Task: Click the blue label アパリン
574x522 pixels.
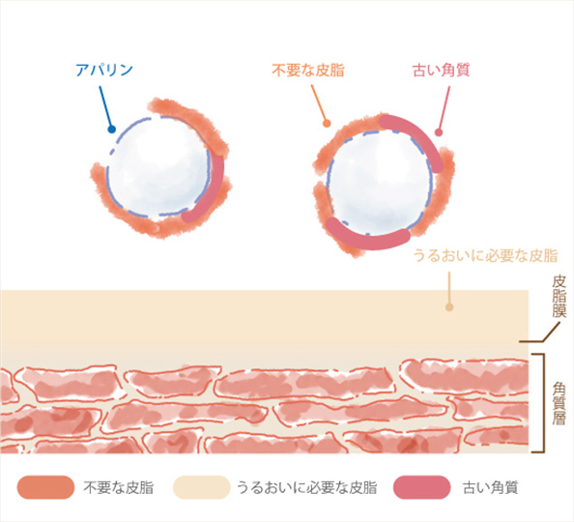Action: (x=104, y=70)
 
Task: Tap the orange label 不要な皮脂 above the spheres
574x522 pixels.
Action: (x=308, y=70)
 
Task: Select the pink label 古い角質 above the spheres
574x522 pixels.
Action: (x=441, y=70)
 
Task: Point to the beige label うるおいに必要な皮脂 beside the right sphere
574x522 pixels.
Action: (x=485, y=255)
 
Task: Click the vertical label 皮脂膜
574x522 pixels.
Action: (x=559, y=297)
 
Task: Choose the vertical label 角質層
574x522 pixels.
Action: (x=559, y=403)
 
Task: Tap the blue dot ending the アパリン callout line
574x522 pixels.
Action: (x=112, y=129)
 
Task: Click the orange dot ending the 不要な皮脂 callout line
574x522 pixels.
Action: (x=327, y=124)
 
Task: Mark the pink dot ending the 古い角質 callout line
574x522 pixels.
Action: (x=439, y=132)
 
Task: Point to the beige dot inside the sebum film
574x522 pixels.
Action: (x=449, y=307)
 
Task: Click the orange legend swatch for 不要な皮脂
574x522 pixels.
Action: (x=45, y=487)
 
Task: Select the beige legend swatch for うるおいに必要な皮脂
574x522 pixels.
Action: (x=202, y=487)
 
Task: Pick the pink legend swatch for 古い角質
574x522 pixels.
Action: (x=421, y=487)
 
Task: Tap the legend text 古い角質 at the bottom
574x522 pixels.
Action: (x=490, y=487)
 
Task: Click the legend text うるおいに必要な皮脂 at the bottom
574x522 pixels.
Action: (x=306, y=487)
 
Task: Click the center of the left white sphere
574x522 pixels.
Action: (x=159, y=167)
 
